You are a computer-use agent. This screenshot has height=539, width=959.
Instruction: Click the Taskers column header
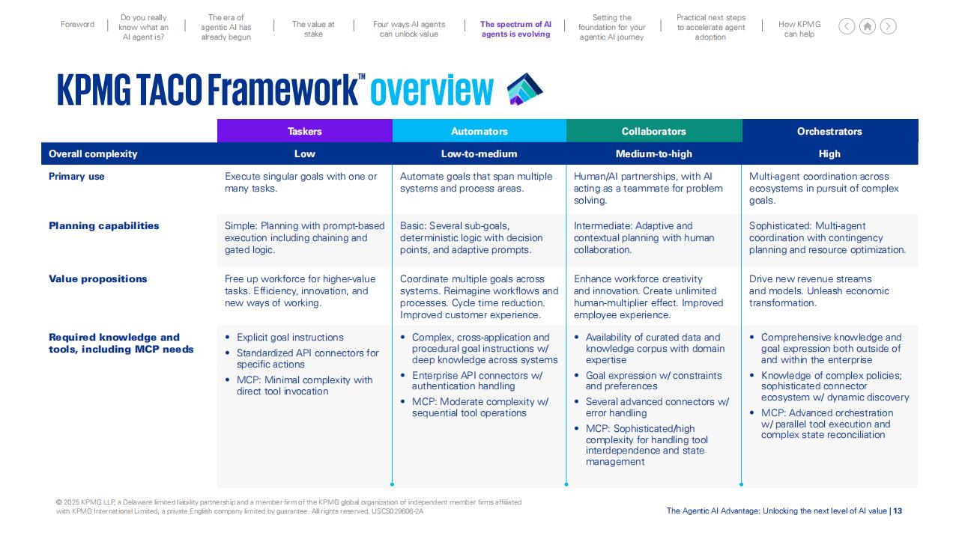coord(304,131)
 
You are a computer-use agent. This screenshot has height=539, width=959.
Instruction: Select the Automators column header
coord(479,131)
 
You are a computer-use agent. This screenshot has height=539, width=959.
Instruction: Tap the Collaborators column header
coord(654,131)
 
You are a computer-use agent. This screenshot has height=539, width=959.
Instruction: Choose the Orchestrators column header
coord(829,131)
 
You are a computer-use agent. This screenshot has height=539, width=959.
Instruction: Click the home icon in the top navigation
coord(868,26)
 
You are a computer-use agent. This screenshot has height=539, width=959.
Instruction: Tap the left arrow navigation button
coord(847,26)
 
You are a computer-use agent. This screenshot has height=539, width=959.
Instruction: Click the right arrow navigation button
coord(889,26)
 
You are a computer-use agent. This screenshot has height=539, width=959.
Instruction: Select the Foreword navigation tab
coord(77,25)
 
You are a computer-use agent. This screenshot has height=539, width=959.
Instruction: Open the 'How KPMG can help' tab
coord(799,29)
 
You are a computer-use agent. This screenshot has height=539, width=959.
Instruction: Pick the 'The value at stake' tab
coord(313,29)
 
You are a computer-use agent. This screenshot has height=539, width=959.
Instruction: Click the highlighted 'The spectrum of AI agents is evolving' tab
coord(516,29)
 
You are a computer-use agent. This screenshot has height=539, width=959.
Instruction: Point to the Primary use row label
coord(76,176)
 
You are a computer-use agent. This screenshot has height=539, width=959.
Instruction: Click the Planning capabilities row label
coord(103,225)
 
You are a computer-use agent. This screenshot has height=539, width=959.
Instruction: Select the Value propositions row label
coord(97,279)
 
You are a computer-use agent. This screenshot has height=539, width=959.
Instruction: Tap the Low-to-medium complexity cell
coord(479,153)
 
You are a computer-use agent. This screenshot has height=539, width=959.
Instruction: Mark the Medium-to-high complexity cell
coord(654,153)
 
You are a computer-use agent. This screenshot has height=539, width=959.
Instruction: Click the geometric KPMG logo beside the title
coord(524,89)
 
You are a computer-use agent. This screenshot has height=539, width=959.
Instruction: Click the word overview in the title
coord(432,90)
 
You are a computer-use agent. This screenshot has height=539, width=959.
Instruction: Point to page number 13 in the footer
coord(898,511)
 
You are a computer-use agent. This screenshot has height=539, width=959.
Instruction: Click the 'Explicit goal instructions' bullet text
coord(290,337)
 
